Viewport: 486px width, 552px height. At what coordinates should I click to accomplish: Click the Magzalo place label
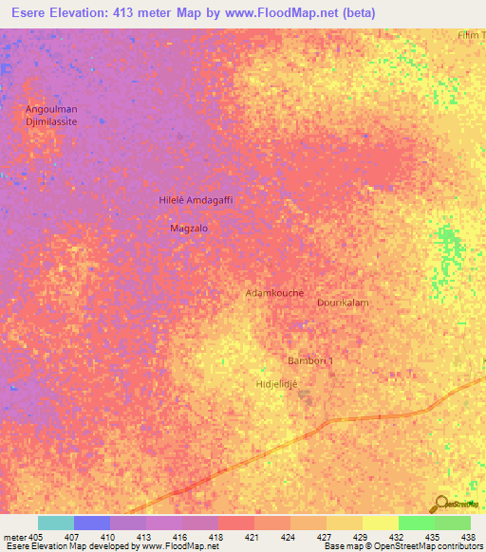(188, 229)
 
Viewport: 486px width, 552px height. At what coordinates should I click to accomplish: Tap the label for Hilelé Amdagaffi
(195, 201)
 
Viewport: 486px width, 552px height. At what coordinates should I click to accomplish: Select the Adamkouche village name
(274, 293)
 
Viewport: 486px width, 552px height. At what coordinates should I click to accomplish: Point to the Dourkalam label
(343, 302)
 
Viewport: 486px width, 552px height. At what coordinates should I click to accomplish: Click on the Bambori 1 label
(310, 361)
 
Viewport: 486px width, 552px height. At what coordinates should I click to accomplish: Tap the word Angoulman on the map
(50, 109)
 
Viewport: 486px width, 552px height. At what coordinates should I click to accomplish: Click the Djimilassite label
(50, 122)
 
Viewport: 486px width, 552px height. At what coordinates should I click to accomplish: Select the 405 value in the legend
(36, 537)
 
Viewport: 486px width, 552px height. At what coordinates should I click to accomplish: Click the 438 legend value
(470, 537)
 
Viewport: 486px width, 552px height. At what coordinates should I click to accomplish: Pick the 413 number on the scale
(145, 537)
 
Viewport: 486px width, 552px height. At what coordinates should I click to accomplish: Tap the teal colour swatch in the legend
(55, 523)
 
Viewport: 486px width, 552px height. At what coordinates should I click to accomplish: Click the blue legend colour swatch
(91, 523)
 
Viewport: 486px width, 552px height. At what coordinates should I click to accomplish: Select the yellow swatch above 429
(344, 523)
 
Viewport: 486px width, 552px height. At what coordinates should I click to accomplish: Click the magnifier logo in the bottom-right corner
(441, 504)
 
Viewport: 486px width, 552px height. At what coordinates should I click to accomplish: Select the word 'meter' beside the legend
(13, 537)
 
